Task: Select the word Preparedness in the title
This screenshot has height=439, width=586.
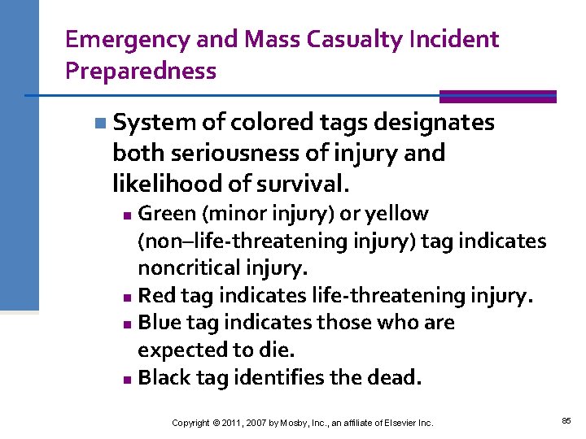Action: [141, 71]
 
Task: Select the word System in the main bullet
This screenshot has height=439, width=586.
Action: [155, 123]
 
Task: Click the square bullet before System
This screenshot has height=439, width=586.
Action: [98, 124]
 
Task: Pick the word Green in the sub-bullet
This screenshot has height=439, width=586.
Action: [167, 214]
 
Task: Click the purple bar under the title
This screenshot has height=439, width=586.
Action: [497, 97]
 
